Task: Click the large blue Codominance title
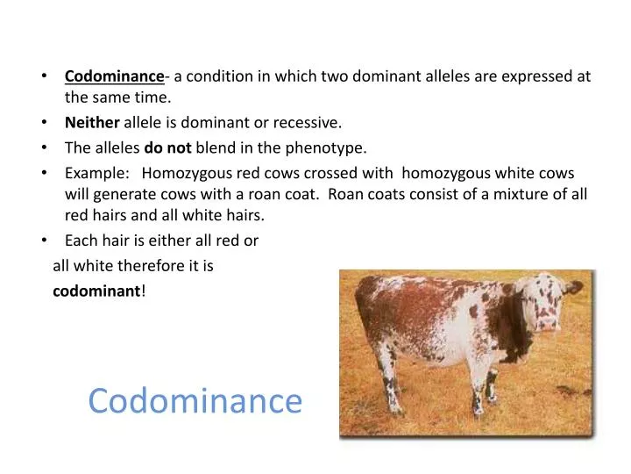pos(195,401)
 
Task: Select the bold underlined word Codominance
pos(114,76)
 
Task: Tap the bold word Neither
pos(92,123)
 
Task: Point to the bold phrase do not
pos(167,147)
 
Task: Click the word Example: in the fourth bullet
pos(97,173)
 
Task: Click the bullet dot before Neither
pos(45,123)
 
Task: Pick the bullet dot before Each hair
pos(45,240)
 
